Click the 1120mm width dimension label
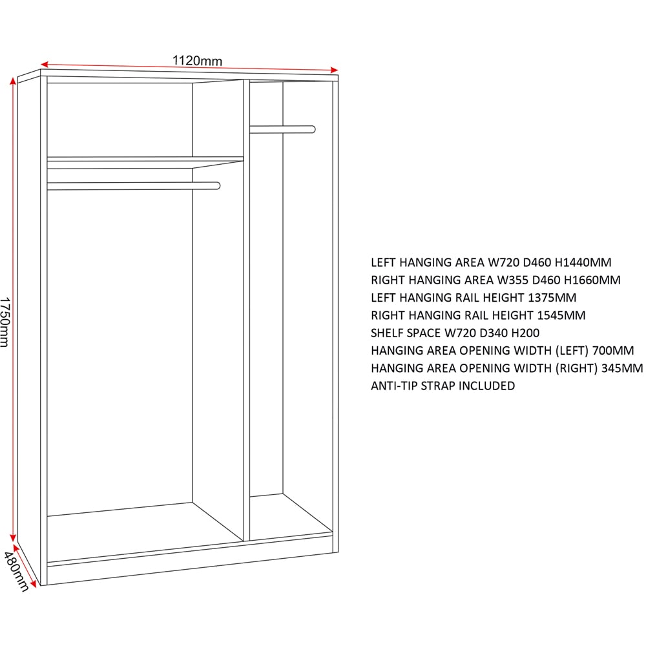pos(197,61)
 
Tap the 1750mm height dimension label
pos(5,322)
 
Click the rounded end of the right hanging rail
pos(312,129)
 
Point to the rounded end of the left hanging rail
pos(217,186)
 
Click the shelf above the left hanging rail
pos(145,162)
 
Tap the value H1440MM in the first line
pos(583,262)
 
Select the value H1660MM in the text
pos(592,280)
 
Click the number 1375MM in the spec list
pos(552,297)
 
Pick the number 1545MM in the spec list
pos(561,315)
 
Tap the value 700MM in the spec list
pos(613,351)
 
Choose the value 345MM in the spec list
pos(622,368)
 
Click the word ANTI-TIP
pos(394,386)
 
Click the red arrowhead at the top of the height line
pos(13,81)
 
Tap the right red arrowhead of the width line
pos(334,70)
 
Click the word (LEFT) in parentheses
pos(572,351)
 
